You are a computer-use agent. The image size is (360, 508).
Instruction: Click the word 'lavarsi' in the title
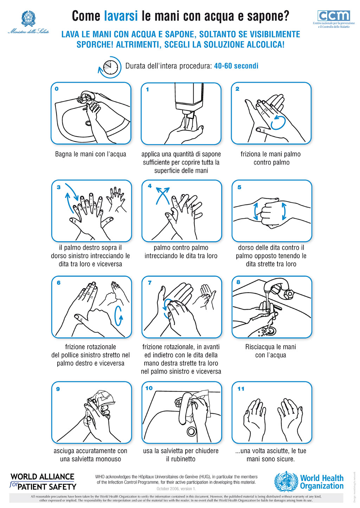click(x=121, y=16)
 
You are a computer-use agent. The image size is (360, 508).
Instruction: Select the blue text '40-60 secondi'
click(x=236, y=66)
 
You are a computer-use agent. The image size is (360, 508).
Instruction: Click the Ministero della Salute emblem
click(x=28, y=19)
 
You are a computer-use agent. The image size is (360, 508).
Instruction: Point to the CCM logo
click(x=334, y=16)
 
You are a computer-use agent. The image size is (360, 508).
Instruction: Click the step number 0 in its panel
click(x=57, y=89)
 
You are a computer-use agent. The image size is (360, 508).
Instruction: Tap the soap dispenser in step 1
click(x=189, y=96)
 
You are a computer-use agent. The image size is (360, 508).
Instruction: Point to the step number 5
click(x=239, y=187)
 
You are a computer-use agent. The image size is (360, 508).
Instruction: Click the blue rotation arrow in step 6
click(x=119, y=316)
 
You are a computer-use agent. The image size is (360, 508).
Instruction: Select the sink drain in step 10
click(x=191, y=431)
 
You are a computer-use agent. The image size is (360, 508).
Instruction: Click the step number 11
click(x=241, y=389)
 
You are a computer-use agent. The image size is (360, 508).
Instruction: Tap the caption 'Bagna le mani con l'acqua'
click(x=90, y=154)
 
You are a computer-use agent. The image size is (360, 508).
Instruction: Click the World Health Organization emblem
click(x=286, y=482)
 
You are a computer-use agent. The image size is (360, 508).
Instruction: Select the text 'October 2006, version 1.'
click(x=176, y=489)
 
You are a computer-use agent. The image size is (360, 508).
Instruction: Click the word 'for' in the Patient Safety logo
click(x=13, y=484)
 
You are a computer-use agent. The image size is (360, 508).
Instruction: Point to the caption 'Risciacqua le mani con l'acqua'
click(x=271, y=351)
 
